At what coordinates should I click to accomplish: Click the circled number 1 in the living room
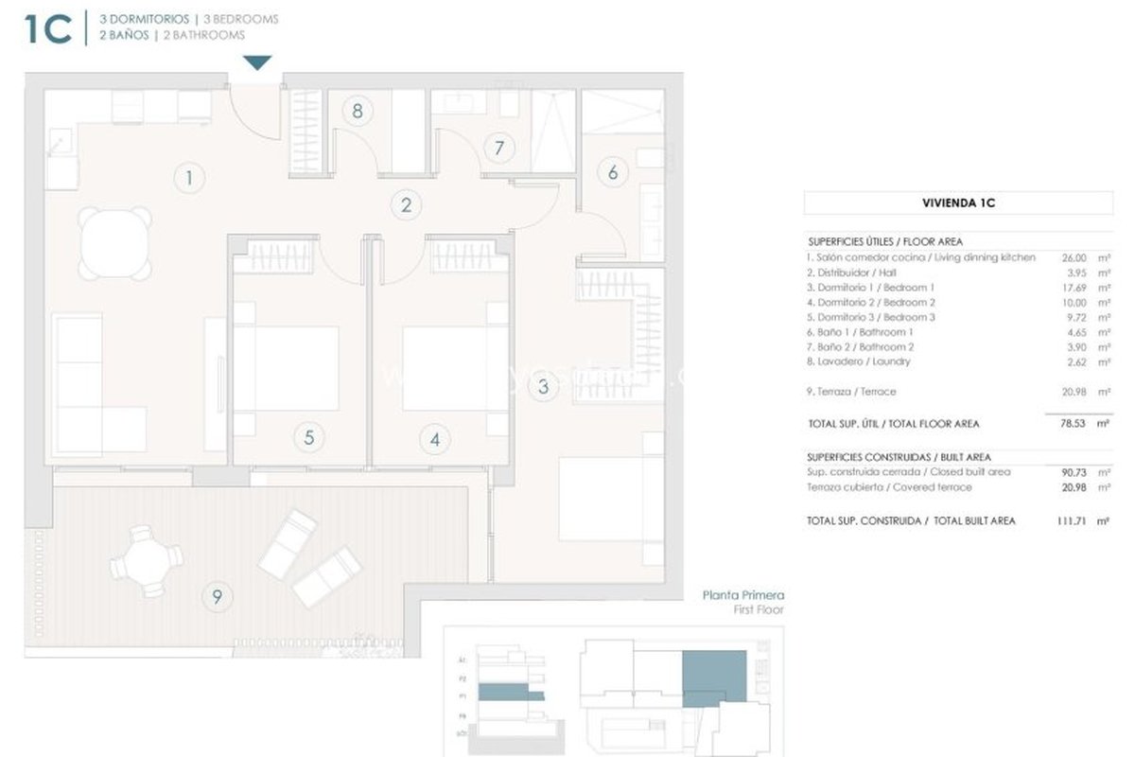click(x=189, y=177)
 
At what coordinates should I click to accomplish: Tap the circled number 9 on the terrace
click(x=218, y=596)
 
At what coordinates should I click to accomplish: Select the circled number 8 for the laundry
click(x=357, y=111)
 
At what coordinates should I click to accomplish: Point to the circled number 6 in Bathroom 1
click(x=613, y=172)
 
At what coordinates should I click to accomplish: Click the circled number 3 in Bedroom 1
click(x=543, y=386)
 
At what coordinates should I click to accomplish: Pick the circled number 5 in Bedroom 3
click(x=308, y=437)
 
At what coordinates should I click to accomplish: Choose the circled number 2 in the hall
click(x=406, y=203)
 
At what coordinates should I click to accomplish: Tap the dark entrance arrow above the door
click(x=257, y=62)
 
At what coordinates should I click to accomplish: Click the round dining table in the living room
click(x=115, y=243)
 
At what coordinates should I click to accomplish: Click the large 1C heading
click(x=47, y=27)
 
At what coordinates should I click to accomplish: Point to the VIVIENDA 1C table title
click(x=958, y=202)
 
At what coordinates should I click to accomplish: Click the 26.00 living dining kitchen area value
click(x=1064, y=257)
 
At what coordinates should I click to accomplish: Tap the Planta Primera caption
click(x=742, y=596)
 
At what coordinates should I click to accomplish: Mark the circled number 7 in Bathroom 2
click(x=498, y=148)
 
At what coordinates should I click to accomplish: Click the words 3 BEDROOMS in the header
click(x=241, y=19)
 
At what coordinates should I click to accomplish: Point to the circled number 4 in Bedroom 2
click(x=434, y=439)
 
